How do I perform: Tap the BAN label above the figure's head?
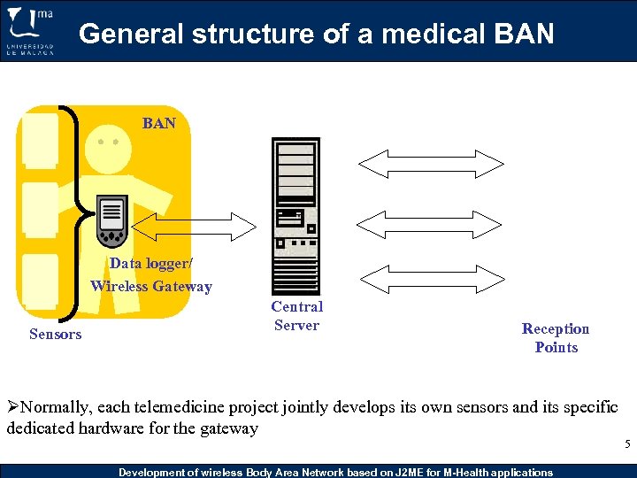[159, 123]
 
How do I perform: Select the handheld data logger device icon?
[111, 222]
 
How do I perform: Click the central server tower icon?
[296, 215]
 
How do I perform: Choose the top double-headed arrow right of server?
[429, 164]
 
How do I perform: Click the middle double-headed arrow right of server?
[429, 221]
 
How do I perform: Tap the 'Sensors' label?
[55, 334]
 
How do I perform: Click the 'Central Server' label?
[296, 316]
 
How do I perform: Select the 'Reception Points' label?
[556, 338]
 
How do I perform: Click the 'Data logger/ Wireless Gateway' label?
[151, 274]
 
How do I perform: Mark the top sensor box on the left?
[39, 142]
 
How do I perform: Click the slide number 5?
[626, 444]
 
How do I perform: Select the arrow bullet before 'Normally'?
[12, 408]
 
